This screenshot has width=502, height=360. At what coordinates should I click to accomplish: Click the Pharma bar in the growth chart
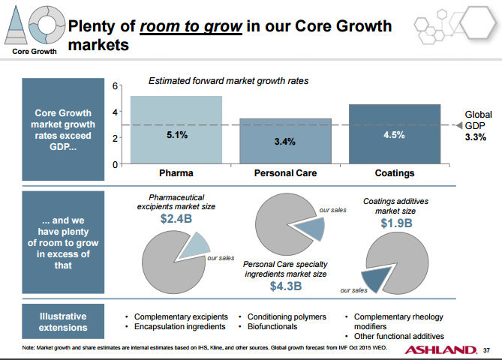[x=176, y=130]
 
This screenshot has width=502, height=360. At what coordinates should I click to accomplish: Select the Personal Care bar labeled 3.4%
[x=284, y=141]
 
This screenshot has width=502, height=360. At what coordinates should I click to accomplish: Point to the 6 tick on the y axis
[x=115, y=86]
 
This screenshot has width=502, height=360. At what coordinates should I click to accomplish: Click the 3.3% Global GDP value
[x=475, y=138]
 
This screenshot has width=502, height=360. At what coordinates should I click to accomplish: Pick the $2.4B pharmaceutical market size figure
[x=178, y=220]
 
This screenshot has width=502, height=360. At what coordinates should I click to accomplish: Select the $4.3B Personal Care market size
[x=285, y=285]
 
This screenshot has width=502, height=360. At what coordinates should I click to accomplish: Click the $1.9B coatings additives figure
[x=395, y=223]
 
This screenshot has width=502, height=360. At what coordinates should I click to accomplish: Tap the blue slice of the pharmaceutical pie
[x=194, y=244]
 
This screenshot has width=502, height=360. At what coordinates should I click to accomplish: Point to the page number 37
[x=486, y=350]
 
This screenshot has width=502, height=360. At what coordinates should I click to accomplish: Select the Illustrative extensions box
[x=62, y=322]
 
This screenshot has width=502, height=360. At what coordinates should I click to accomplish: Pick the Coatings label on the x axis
[x=394, y=173]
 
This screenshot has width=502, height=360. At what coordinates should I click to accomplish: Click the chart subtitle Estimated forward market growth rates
[x=228, y=80]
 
